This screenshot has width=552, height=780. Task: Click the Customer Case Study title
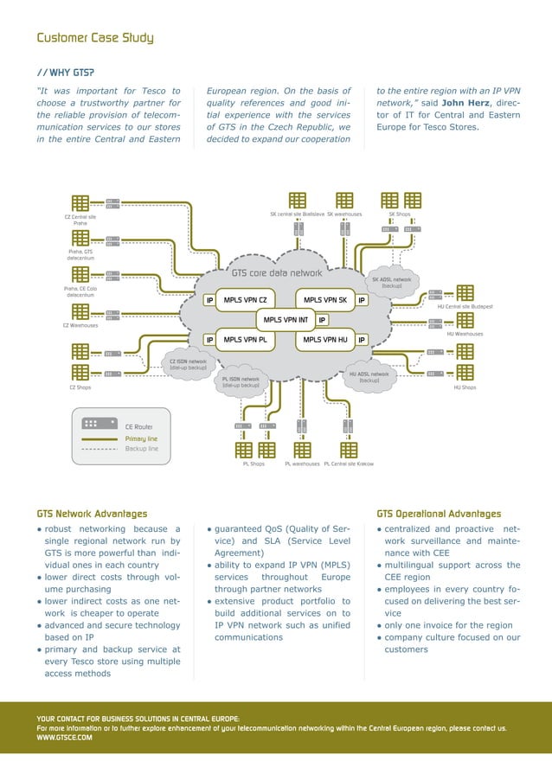pyautogui.click(x=94, y=38)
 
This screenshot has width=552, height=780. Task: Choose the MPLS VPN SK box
pyautogui.click(x=324, y=300)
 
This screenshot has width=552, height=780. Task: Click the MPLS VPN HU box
pyautogui.click(x=324, y=340)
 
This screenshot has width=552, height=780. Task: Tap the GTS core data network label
pyautogui.click(x=276, y=272)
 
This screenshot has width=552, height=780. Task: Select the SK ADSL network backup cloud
pyautogui.click(x=391, y=283)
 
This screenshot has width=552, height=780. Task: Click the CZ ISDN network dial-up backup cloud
pyautogui.click(x=188, y=364)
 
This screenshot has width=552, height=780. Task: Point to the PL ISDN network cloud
pyautogui.click(x=241, y=381)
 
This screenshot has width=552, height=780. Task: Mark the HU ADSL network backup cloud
pyautogui.click(x=369, y=377)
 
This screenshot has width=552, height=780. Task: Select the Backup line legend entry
pyautogui.click(x=141, y=449)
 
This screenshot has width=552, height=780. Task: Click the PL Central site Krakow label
pyautogui.click(x=348, y=464)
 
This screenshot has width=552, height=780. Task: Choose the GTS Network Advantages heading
pyautogui.click(x=92, y=514)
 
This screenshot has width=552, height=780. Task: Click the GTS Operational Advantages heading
pyautogui.click(x=439, y=514)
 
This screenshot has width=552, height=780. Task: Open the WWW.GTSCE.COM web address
pyautogui.click(x=64, y=738)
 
